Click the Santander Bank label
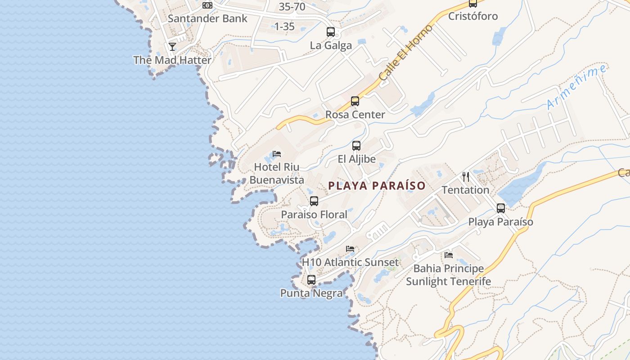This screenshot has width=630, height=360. point(207,18)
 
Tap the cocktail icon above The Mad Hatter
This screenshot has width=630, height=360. point(172,46)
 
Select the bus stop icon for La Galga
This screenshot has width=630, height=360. point(331,32)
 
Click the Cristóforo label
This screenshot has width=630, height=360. point(473,16)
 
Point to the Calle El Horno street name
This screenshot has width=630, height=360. point(405,53)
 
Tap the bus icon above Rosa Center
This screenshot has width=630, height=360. point(355,101)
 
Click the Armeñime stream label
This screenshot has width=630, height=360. point(576,87)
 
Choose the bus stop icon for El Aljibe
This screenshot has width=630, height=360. point(356,146)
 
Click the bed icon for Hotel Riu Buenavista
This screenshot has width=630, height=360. point(277,154)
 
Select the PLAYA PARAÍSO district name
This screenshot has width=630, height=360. point(377,186)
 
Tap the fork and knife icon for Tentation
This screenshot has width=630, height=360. point(466,176)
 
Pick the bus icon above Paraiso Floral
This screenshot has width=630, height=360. point(314,201)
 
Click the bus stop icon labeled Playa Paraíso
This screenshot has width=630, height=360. point(501,208)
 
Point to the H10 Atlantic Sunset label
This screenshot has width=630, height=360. point(350,262)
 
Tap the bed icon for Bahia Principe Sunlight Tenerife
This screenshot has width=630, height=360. point(449,255)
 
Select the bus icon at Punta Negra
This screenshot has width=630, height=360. point(311,280)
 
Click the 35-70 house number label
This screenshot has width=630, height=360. point(292,7)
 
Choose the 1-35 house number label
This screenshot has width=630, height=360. point(284,27)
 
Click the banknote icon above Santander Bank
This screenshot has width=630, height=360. point(207,5)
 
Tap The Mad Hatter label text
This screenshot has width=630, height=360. point(172,60)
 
